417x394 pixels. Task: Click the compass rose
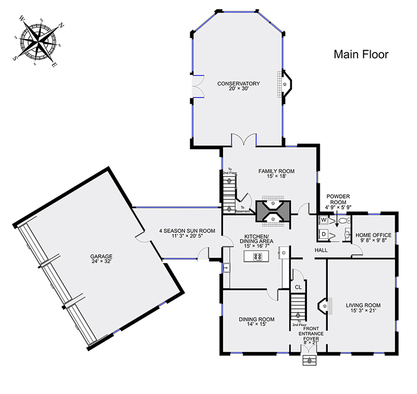pos(39,42)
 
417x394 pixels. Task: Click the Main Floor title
pos(361,55)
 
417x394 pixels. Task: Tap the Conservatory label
pos(238,86)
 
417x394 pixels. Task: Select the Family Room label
pos(276,174)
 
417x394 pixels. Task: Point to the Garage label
pos(101,258)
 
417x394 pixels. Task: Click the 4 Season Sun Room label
pos(187,233)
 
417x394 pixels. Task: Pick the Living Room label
pos(363,307)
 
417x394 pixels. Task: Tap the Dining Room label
pos(256,322)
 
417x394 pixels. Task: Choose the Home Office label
pos(373,238)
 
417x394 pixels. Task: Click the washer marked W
pos(324,220)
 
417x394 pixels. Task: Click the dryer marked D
pos(324,234)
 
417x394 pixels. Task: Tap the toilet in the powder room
pos(345,220)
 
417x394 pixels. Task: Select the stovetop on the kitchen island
pos(257,257)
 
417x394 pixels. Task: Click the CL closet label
pos(298,287)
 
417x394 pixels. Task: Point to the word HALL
pos(321,250)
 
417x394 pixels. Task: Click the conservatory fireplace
pos(285,84)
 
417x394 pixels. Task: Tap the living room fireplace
pos(324,306)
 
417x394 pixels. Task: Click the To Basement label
pos(242,209)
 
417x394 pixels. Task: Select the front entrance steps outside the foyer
pos(309,360)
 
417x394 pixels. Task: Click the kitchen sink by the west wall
pos(227,267)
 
